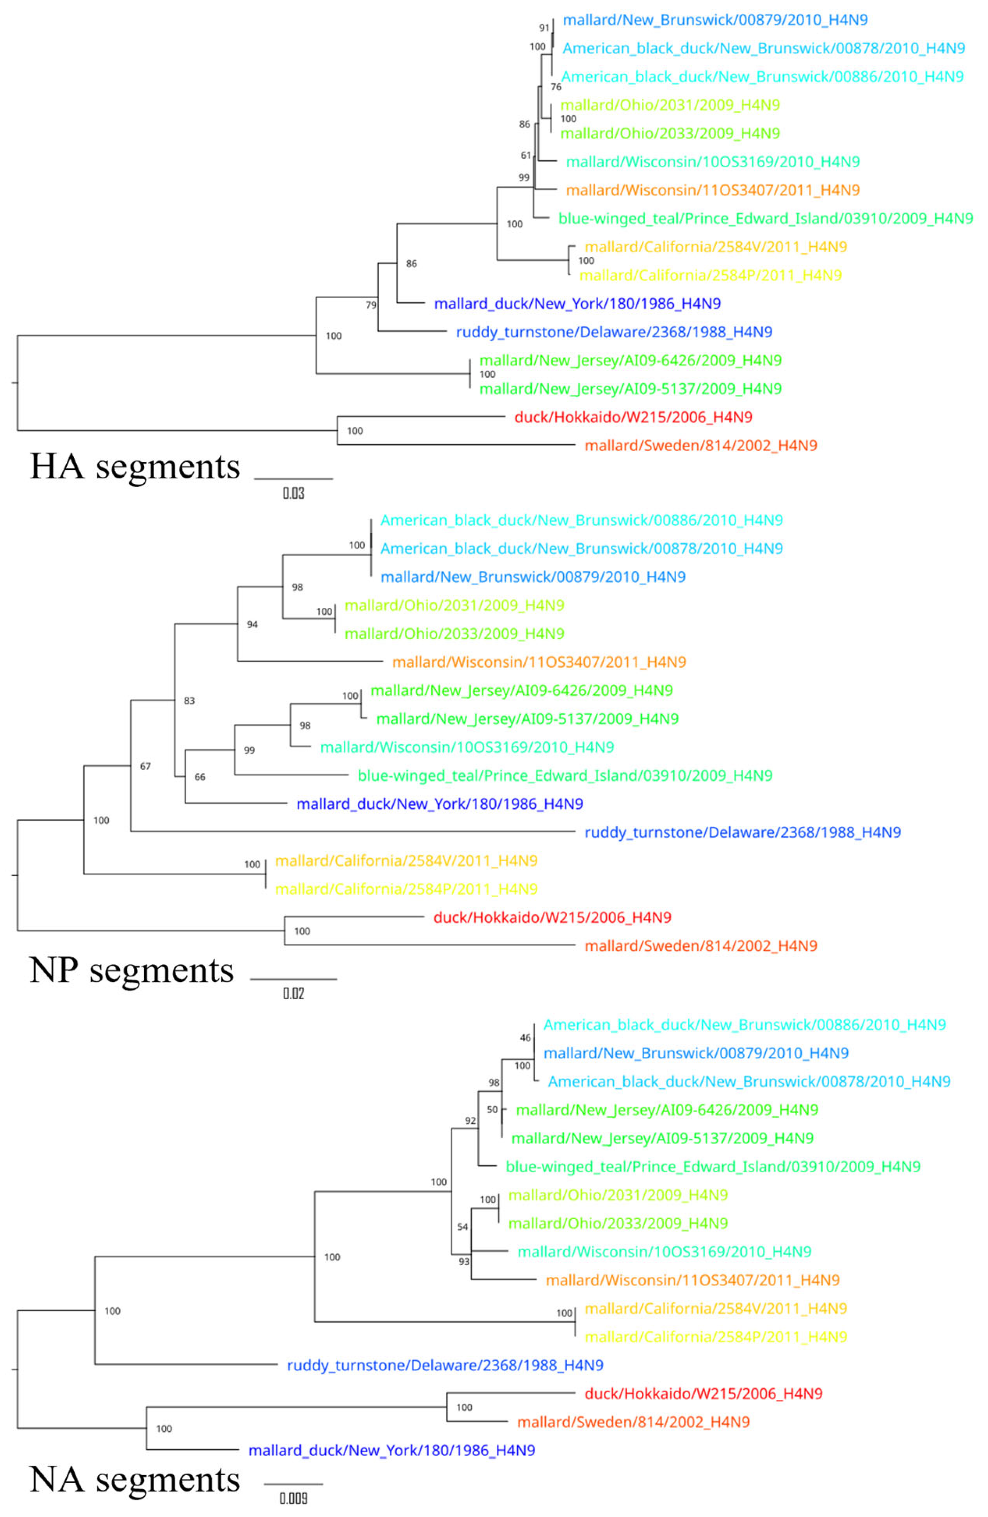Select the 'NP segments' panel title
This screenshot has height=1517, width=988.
(x=131, y=970)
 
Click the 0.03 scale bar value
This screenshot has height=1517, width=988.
(x=294, y=493)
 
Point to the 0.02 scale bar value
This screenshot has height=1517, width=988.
(x=294, y=994)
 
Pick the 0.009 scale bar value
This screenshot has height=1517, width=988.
(x=294, y=1498)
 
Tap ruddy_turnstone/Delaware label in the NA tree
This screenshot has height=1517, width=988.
(x=444, y=1365)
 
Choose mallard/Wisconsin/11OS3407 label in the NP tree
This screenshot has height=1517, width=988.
(x=539, y=662)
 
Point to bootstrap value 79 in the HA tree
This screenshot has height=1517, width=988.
(x=371, y=305)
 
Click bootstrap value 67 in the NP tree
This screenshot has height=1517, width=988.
(x=146, y=766)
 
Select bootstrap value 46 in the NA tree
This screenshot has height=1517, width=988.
(x=525, y=1038)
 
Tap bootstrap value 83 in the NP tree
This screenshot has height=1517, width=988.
(x=189, y=701)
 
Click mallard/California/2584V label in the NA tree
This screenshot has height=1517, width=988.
(x=716, y=1309)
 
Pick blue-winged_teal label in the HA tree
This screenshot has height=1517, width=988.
(x=765, y=219)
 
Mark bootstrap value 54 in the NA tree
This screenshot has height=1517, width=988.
(x=462, y=1227)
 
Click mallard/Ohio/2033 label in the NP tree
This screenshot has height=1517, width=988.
(x=454, y=633)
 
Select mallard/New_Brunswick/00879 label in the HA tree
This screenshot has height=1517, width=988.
(x=715, y=20)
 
